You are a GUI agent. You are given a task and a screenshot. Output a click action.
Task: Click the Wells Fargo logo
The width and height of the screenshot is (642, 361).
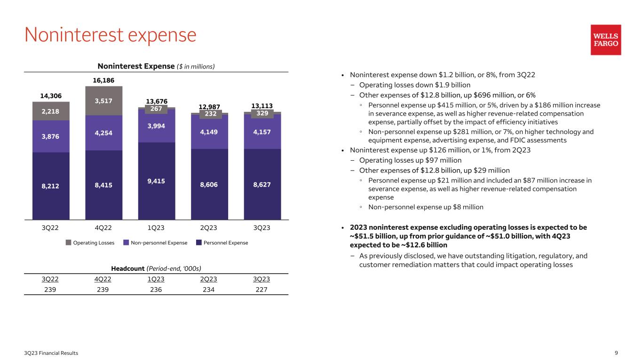606,40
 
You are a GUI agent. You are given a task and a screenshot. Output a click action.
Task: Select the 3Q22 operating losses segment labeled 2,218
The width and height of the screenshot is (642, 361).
51,111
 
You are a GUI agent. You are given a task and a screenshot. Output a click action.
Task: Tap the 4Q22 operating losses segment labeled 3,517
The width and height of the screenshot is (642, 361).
103,100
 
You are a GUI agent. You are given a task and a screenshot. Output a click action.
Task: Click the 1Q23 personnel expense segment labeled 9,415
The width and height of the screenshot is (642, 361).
156,181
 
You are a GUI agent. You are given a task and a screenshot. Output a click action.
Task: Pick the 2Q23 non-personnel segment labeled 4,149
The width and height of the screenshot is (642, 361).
209,133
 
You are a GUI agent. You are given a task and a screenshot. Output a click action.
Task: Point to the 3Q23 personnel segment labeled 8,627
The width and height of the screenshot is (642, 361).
262,184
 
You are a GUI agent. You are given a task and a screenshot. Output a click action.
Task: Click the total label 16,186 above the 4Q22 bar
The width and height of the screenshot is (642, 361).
103,80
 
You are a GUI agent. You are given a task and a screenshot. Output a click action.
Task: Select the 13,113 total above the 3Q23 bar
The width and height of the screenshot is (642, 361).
262,106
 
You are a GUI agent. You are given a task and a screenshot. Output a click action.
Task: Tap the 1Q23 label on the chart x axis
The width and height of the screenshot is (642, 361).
156,228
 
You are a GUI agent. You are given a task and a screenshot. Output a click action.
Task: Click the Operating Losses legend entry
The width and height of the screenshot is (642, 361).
90,243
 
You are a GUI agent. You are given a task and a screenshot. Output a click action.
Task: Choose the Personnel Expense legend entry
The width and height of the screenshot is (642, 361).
222,243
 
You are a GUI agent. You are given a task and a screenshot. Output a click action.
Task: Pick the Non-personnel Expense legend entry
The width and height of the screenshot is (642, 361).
155,243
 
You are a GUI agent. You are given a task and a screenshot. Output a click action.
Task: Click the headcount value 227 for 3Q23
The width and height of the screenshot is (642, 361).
262,290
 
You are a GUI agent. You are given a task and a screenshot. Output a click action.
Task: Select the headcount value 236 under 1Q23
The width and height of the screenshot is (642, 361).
156,290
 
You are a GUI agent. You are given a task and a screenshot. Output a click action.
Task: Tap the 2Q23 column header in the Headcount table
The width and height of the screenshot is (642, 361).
209,279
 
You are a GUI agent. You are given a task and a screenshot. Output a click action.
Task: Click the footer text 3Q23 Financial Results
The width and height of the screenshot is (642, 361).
52,353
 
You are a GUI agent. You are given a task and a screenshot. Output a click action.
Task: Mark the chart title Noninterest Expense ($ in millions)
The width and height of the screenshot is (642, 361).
156,66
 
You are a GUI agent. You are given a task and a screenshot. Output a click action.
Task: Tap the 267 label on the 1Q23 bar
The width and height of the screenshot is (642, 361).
156,110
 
